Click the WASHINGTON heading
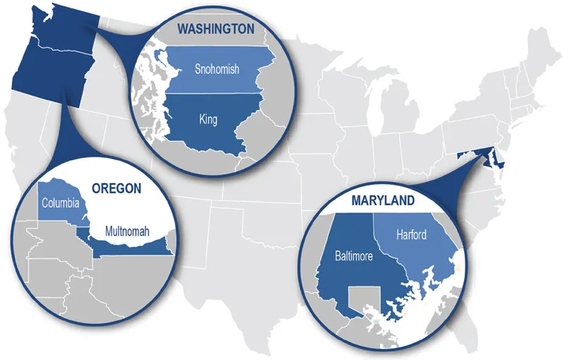pyautogui.click(x=215, y=29)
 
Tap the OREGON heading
pyautogui.click(x=116, y=188)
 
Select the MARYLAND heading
pyautogui.click(x=382, y=201)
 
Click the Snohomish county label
pyautogui.click(x=217, y=69)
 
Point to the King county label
pyautogui.click(x=208, y=120)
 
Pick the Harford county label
pyautogui.click(x=411, y=235)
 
